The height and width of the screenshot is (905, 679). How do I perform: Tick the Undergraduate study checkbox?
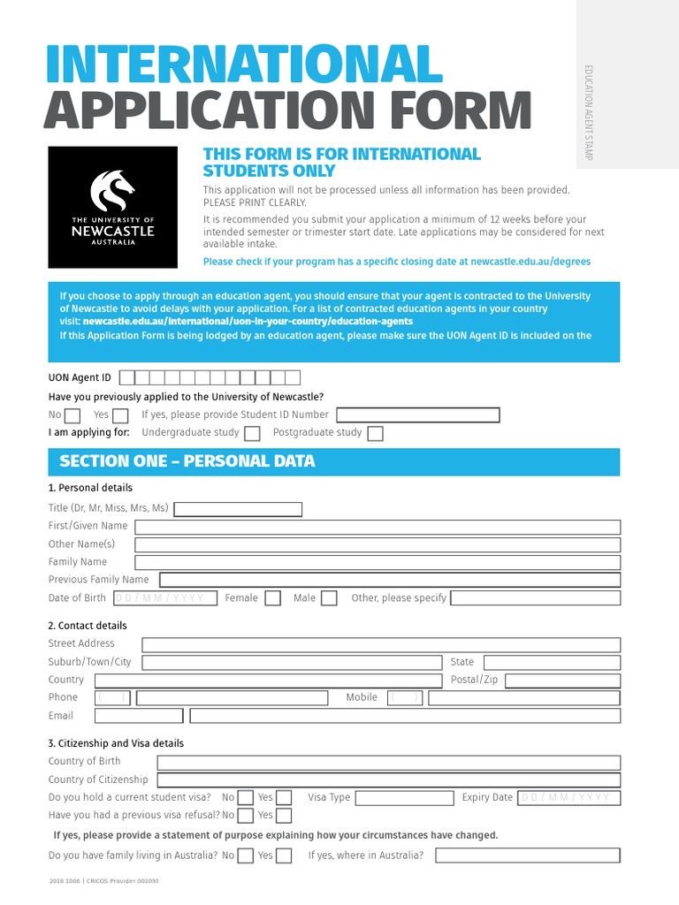click(x=252, y=433)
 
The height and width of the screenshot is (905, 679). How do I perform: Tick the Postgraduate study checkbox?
click(x=375, y=433)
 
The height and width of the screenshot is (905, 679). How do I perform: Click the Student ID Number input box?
click(x=417, y=414)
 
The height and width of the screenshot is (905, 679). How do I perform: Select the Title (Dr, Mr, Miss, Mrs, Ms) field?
click(x=238, y=509)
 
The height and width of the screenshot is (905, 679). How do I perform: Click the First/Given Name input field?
click(x=378, y=527)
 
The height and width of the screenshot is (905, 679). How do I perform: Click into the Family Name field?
click(x=378, y=562)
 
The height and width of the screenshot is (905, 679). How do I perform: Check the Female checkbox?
click(x=273, y=598)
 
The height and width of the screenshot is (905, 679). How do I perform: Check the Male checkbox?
click(x=329, y=598)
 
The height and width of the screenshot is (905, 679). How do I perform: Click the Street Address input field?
click(x=381, y=644)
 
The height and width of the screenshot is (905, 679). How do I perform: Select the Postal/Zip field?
click(x=562, y=681)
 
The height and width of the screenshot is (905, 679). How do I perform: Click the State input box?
click(x=552, y=662)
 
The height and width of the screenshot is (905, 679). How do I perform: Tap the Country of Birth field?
click(x=389, y=762)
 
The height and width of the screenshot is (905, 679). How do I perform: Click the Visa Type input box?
click(x=404, y=798)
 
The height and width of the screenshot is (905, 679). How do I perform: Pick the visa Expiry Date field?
click(x=568, y=798)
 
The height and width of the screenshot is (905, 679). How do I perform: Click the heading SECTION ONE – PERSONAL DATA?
click(x=187, y=461)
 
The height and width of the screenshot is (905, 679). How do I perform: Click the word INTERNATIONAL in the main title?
click(x=243, y=65)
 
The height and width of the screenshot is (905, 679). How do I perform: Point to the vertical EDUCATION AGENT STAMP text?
click(x=587, y=112)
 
